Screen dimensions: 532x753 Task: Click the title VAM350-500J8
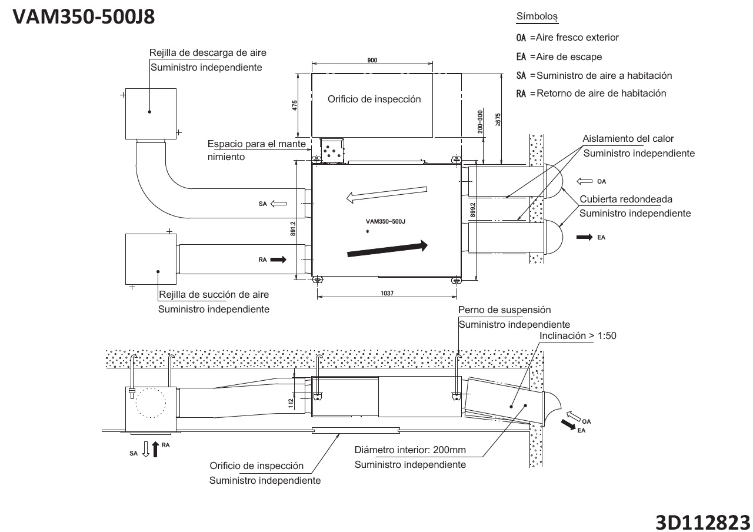point(84,17)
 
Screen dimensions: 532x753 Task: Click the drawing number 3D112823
point(703,522)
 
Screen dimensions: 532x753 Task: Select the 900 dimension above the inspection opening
point(372,61)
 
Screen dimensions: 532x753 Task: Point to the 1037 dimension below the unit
point(387,292)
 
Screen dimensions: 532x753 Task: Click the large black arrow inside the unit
point(388,248)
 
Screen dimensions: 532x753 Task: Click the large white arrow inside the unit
point(385,194)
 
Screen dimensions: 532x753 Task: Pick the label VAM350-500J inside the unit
point(386,222)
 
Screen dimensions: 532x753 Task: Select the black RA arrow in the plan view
point(278,259)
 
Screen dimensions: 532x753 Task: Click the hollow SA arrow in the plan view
point(278,204)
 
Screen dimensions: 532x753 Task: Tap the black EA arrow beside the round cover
point(585,237)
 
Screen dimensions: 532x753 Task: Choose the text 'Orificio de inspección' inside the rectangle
point(374,99)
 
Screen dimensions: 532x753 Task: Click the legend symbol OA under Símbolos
point(521,38)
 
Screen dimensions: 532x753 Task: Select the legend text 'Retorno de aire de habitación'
point(601,93)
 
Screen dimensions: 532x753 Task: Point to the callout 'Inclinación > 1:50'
point(578,336)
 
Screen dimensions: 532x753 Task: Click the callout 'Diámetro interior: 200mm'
point(410,450)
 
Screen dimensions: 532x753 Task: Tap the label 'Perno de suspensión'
point(504,310)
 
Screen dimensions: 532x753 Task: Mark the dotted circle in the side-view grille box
point(150,403)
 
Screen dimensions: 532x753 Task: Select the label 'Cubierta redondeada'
point(626,199)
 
